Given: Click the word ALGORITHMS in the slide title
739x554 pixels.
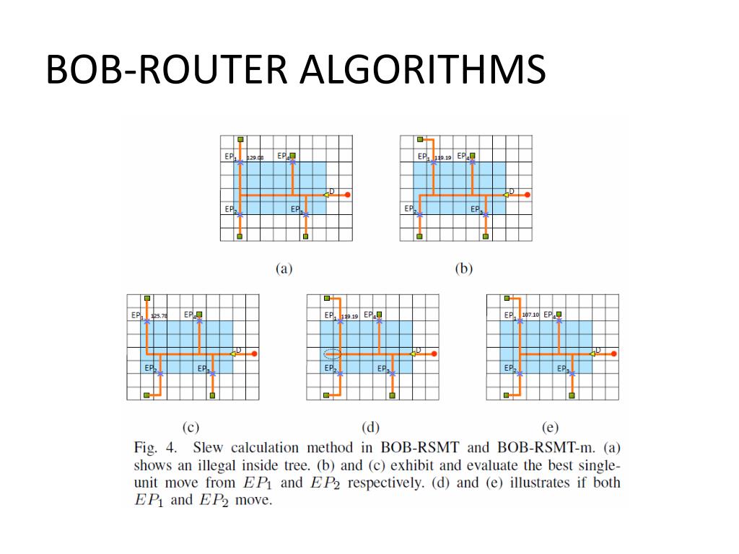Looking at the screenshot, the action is point(424,71).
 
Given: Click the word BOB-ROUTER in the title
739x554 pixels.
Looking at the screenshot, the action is point(168,71).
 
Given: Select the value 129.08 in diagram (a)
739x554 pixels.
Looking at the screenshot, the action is point(255,157).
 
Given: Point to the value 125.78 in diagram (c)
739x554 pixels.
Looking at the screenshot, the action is point(159,316).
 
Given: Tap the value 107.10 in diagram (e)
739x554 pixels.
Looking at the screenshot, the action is point(530,315).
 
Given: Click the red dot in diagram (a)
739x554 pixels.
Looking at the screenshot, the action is point(348,195).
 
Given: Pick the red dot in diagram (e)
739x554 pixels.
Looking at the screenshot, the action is point(614,353).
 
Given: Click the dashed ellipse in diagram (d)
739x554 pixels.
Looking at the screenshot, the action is point(331,353).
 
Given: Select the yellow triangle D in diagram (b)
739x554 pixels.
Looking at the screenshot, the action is point(507,194).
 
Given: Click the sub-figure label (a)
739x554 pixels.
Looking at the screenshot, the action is point(284,268).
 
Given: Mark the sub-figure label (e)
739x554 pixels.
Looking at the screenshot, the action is point(551,427).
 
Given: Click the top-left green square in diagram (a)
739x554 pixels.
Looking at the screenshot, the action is point(240,139).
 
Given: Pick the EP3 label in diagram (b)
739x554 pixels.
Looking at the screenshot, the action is point(476,209).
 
